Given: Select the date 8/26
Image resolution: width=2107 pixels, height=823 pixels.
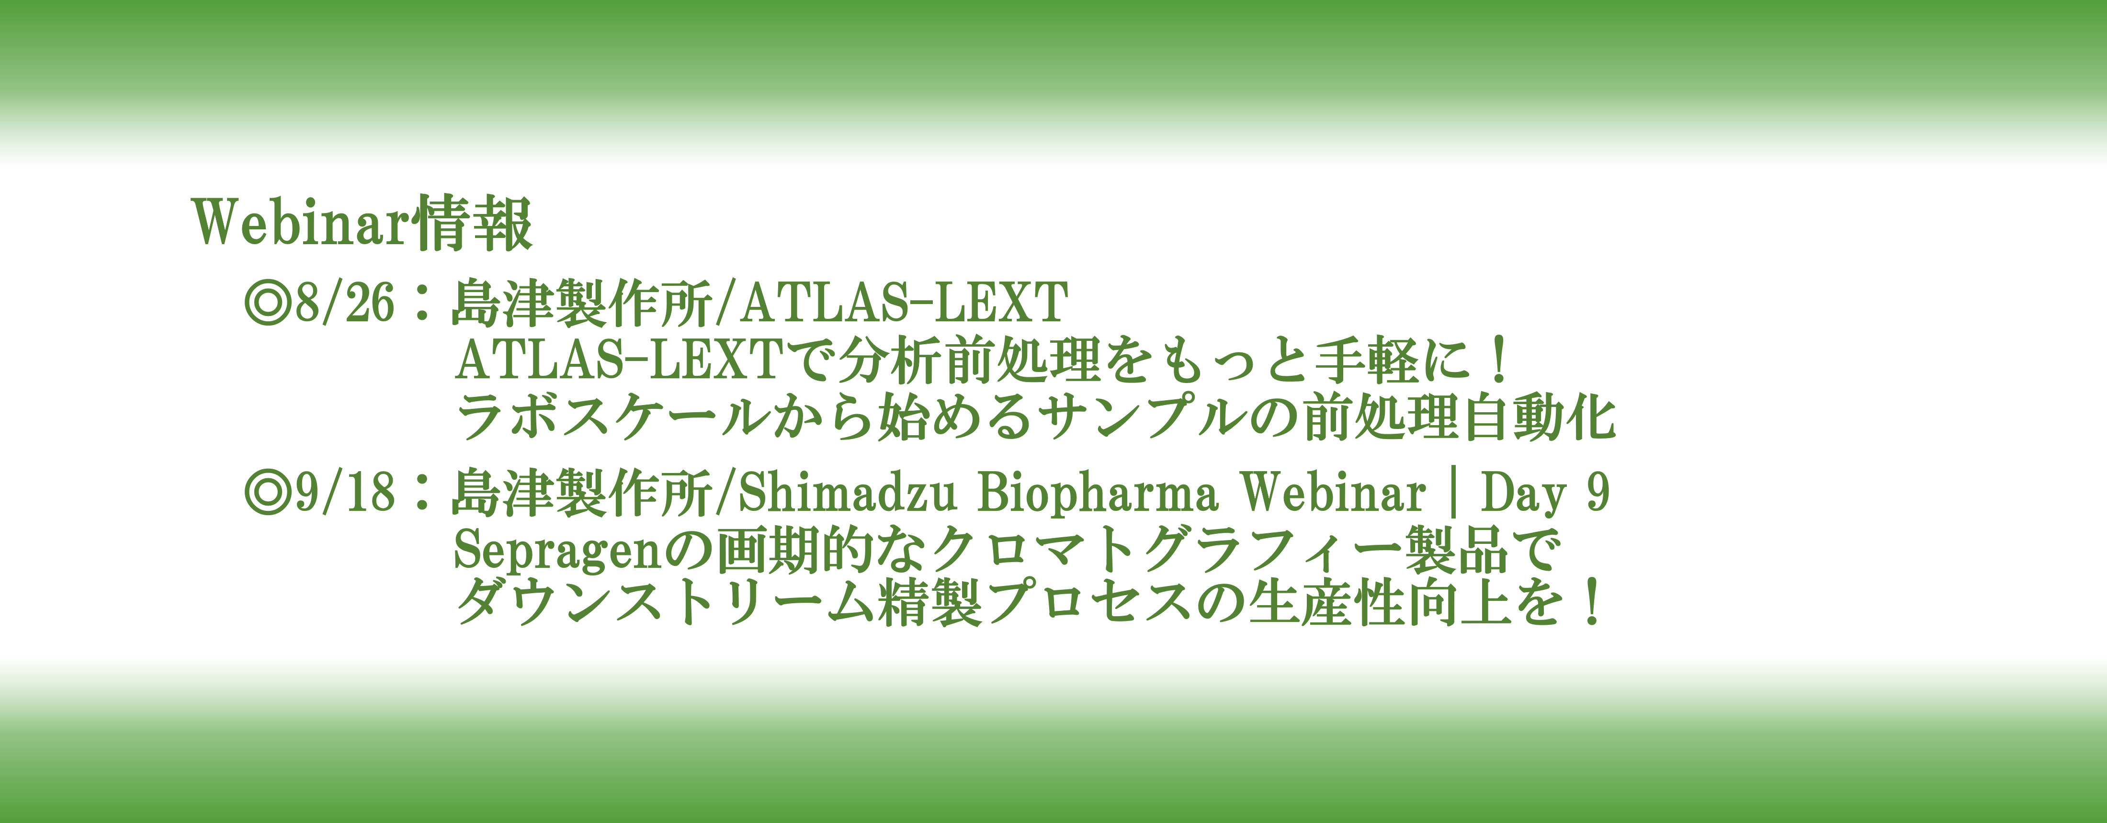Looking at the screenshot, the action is [x=344, y=303].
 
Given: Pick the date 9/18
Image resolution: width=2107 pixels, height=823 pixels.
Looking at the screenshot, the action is [x=344, y=493].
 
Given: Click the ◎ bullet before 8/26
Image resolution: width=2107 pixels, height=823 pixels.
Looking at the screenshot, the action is [x=268, y=303].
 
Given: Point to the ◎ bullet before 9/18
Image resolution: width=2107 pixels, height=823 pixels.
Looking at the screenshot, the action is [x=268, y=493].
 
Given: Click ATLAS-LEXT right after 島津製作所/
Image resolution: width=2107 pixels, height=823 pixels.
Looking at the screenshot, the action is [x=904, y=302].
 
